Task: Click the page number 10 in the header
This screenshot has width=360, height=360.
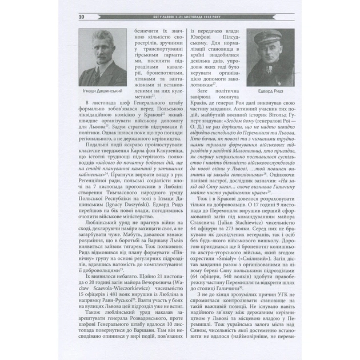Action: [66, 17]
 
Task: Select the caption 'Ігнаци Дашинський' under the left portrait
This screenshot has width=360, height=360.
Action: [101, 91]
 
